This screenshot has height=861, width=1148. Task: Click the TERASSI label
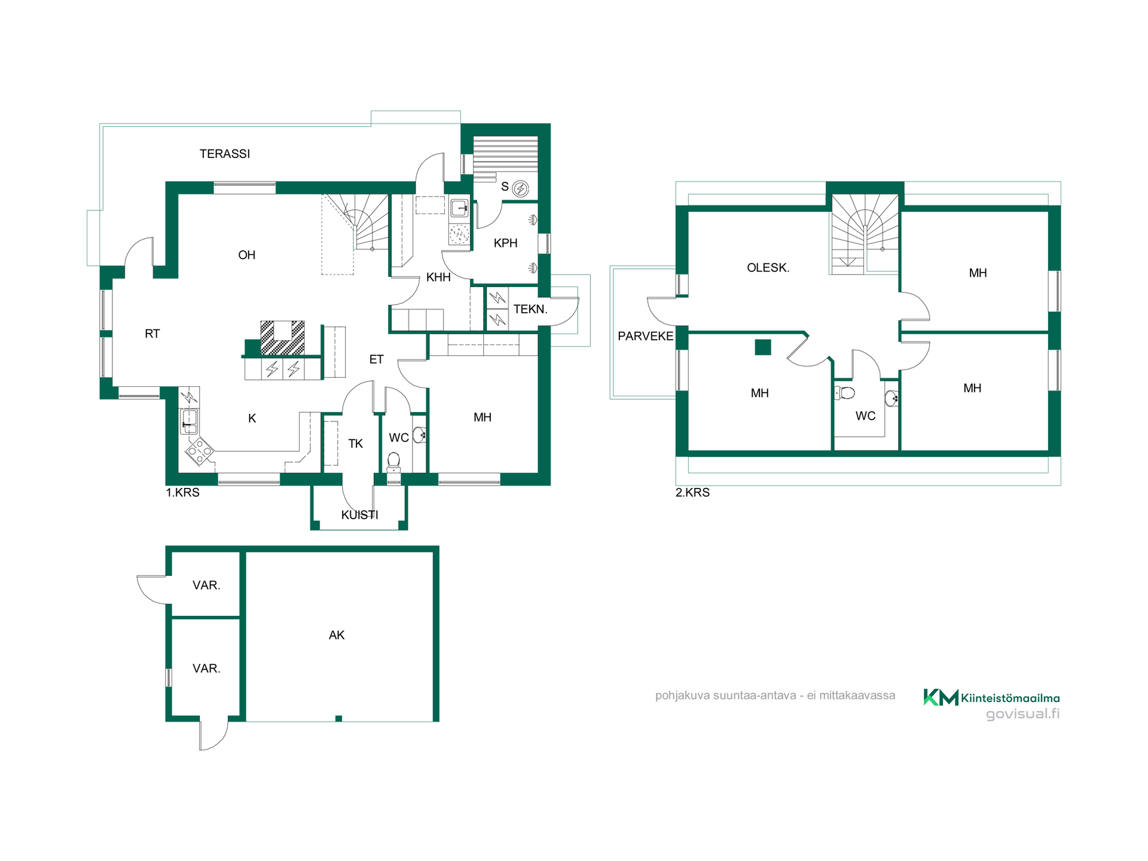225,154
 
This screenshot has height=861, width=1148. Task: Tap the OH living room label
246,255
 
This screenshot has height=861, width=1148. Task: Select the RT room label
152,334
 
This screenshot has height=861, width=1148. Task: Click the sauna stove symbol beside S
521,189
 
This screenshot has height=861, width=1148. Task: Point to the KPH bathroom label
505,243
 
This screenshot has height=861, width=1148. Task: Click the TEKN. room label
530,309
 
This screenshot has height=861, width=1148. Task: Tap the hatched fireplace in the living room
282,338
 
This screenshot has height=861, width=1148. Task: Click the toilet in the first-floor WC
393,462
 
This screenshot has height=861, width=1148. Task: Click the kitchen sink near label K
189,421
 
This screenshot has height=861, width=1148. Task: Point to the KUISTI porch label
359,515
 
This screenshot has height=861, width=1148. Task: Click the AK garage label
337,635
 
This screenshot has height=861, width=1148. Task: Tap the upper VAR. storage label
206,585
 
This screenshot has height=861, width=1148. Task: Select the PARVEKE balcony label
645,336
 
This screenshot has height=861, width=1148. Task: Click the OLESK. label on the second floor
768,268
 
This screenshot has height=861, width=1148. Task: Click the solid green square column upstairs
763,347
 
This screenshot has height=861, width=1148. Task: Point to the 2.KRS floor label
692,493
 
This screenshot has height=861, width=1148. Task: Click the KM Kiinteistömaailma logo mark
941,697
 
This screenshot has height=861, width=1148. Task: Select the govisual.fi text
1022,714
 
